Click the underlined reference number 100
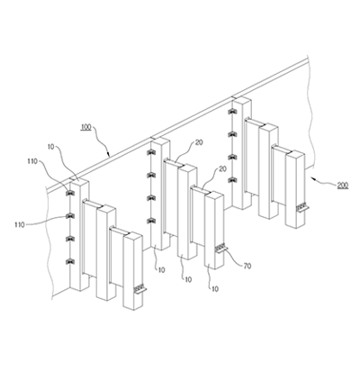click(x=86, y=127)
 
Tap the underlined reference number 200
click(x=343, y=186)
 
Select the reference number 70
click(x=247, y=266)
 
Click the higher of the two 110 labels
click(x=32, y=161)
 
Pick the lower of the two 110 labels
click(x=20, y=224)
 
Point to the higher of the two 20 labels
click(x=199, y=143)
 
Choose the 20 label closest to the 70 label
click(x=222, y=169)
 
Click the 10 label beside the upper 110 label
click(x=51, y=147)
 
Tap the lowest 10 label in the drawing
click(x=215, y=289)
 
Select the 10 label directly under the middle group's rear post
click(x=161, y=270)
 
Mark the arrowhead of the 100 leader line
click(x=109, y=155)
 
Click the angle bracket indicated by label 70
click(x=221, y=248)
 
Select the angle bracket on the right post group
click(x=302, y=208)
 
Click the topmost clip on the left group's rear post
click(x=70, y=193)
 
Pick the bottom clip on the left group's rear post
click(x=70, y=261)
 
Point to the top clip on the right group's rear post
click(x=232, y=112)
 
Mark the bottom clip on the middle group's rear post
click(x=150, y=221)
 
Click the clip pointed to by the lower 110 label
click(x=70, y=216)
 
